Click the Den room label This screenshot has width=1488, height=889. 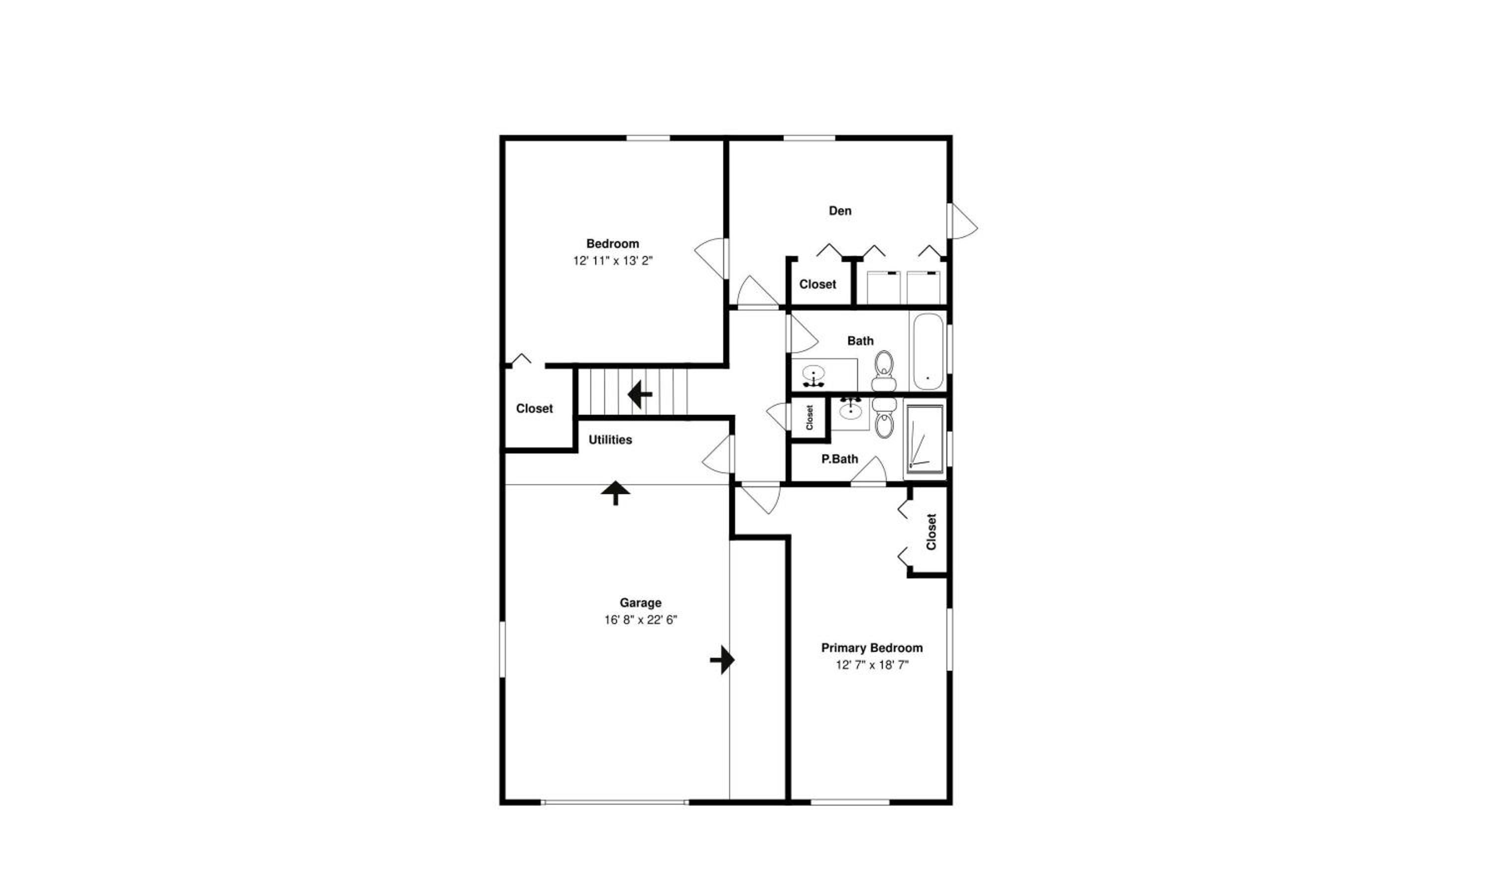(x=840, y=211)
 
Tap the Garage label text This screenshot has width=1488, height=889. (x=640, y=603)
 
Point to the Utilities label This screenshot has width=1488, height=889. (x=610, y=440)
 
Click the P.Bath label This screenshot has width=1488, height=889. (x=840, y=459)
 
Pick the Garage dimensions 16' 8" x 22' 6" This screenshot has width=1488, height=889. (x=640, y=620)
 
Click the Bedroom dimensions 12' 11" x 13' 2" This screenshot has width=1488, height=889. (x=612, y=260)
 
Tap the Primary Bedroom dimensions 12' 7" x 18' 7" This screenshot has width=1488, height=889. (x=872, y=664)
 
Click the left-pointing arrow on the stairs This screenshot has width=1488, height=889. (x=639, y=394)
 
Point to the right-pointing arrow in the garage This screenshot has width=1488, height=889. (x=722, y=660)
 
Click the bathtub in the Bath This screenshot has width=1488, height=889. (x=928, y=352)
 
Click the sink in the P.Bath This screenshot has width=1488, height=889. (x=850, y=410)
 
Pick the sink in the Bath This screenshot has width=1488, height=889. (x=813, y=376)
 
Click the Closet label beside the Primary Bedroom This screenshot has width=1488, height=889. (x=931, y=531)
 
